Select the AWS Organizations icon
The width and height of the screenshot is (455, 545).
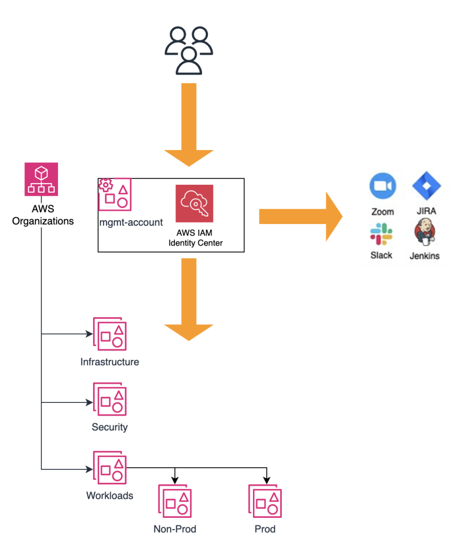click(x=41, y=179)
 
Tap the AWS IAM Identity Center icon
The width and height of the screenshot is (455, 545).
click(x=194, y=203)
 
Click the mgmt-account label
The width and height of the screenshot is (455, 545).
click(x=131, y=222)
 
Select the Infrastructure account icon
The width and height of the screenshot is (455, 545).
click(x=110, y=334)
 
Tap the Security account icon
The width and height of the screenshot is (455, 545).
click(x=110, y=399)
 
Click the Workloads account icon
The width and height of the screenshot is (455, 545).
click(x=110, y=467)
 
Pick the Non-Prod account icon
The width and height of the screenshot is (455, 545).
click(x=175, y=501)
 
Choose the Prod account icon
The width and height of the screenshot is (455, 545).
click(x=265, y=501)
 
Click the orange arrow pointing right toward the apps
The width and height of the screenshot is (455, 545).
click(x=300, y=216)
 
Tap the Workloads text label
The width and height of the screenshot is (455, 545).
click(x=109, y=496)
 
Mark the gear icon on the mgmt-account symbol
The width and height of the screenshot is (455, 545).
click(x=106, y=185)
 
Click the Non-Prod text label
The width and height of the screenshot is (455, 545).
click(x=175, y=529)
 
